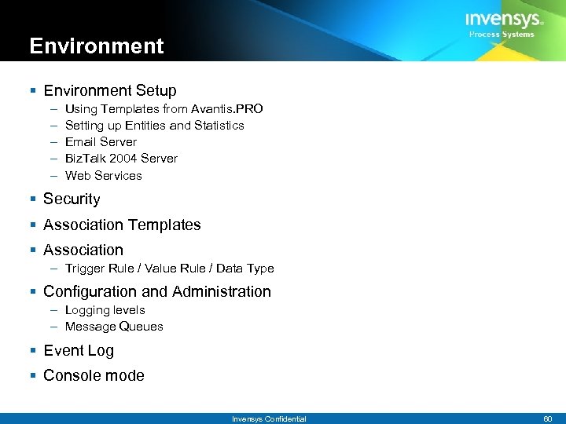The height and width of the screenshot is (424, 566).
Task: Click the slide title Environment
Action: coord(97,46)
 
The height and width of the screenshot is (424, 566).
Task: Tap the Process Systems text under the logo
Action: coord(502,35)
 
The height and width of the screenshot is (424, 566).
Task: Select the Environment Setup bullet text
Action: coord(110,90)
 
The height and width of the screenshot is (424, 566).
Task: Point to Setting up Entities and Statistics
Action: coord(154,125)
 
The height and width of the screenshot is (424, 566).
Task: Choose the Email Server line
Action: coord(101,141)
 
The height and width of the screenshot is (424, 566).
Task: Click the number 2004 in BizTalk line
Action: coord(121,158)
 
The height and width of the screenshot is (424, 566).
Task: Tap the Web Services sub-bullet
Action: coord(103,175)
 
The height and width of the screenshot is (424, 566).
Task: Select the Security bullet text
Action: coord(72,199)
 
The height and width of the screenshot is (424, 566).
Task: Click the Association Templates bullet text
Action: coord(122,225)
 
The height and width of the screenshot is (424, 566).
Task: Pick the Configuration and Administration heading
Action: coord(156,291)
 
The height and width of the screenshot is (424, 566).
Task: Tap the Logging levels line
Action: coord(105,310)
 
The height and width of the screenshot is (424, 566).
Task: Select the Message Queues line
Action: coord(114,327)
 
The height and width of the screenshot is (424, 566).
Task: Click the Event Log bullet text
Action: coord(79,350)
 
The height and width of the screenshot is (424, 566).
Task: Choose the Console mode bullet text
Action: coord(94,375)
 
